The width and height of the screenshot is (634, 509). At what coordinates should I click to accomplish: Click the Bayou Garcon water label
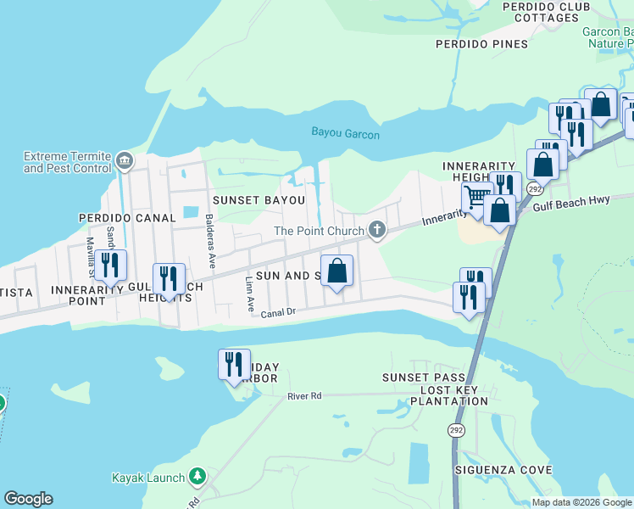coord(345,134)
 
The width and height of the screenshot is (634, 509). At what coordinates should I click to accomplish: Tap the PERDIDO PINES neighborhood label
coord(481,44)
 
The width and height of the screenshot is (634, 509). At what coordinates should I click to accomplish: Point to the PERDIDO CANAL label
coord(126,218)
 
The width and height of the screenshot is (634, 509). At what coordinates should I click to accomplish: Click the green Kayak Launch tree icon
coord(197,478)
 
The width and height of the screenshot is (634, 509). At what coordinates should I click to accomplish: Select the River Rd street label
coord(305,396)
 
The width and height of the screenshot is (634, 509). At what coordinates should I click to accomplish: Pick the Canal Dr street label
coord(277,313)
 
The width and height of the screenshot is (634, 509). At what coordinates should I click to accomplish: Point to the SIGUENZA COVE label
coord(503,470)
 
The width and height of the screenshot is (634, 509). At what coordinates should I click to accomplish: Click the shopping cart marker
coord(476,199)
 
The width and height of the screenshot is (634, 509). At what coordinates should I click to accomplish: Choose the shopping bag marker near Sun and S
coord(336,271)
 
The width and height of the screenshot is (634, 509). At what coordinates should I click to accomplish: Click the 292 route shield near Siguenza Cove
coord(457,430)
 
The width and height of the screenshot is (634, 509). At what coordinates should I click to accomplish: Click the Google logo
coord(28,499)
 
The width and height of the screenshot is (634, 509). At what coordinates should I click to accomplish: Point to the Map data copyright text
coord(581,502)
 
